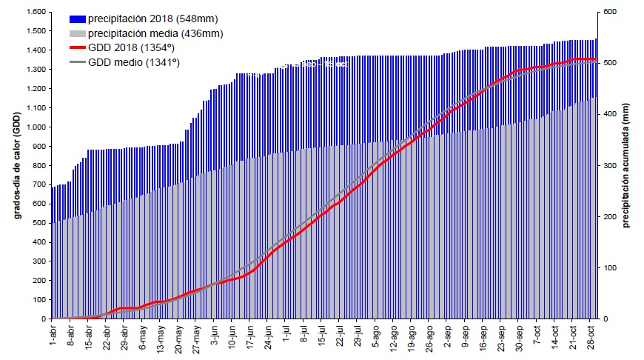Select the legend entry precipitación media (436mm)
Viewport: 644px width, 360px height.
(155, 33)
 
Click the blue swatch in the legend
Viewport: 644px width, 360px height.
(78, 19)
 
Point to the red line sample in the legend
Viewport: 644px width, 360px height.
(78, 48)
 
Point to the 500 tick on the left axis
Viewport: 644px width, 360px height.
(39, 223)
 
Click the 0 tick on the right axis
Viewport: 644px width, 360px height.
(606, 319)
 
